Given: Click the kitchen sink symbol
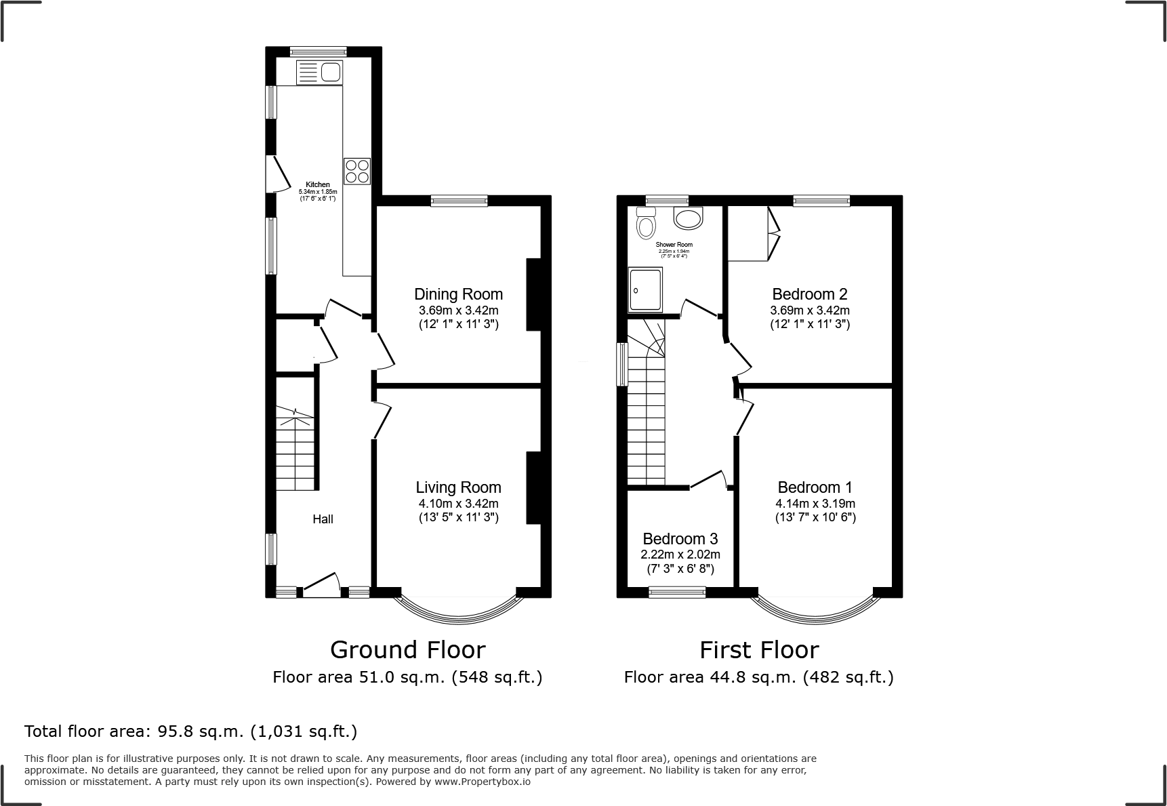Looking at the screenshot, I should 320,72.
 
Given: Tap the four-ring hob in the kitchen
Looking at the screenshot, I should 357,171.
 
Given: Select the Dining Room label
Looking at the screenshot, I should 458,294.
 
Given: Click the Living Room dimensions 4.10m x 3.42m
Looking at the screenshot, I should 458,504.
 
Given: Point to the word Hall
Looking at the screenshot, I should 323,519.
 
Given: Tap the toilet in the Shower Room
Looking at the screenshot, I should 646,223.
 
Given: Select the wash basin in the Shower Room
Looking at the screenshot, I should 689,219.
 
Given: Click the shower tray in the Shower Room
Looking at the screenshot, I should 645,289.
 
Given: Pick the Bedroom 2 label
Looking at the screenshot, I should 809,294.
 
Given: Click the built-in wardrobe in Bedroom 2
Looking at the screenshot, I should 749,233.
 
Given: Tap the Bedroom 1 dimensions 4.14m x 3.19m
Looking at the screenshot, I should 815,504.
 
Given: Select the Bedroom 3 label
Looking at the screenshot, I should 680,539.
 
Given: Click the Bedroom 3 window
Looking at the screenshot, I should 677,592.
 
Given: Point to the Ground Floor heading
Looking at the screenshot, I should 407,649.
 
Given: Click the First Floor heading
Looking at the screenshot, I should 759,649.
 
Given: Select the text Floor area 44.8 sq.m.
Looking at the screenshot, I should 710,677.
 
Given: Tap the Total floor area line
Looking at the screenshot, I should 190,731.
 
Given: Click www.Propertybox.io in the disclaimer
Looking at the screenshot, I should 482,782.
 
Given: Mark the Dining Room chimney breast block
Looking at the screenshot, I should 533,294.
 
